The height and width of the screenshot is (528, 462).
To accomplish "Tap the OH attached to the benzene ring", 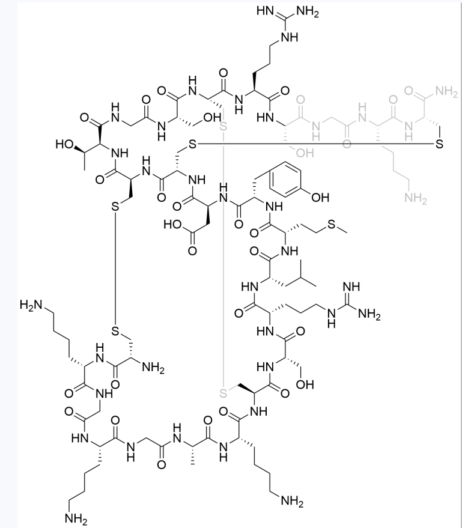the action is click(320, 198).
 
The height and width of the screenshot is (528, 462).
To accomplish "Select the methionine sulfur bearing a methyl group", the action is click(332, 224).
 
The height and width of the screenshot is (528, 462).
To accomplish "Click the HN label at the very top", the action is click(265, 11).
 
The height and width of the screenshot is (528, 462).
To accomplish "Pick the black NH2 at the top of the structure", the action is click(307, 12).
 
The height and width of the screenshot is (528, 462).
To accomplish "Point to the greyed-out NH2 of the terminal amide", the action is click(446, 91).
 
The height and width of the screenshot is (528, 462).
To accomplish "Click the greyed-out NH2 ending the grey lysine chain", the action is click(416, 199).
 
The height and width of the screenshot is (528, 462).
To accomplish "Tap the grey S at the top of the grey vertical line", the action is click(223, 127).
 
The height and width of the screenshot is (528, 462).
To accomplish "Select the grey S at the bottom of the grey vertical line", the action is click(223, 393).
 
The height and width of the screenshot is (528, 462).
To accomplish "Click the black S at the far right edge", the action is click(439, 144).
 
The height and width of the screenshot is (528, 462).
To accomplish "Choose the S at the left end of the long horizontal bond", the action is click(192, 144).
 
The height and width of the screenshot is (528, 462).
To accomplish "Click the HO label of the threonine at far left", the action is click(65, 144).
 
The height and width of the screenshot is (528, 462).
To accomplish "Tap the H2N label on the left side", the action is click(31, 305).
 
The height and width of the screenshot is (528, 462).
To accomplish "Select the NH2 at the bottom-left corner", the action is click(76, 519).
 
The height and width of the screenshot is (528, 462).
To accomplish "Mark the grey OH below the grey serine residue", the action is click(305, 153).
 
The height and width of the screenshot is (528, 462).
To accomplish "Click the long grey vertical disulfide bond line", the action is click(223, 259).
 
